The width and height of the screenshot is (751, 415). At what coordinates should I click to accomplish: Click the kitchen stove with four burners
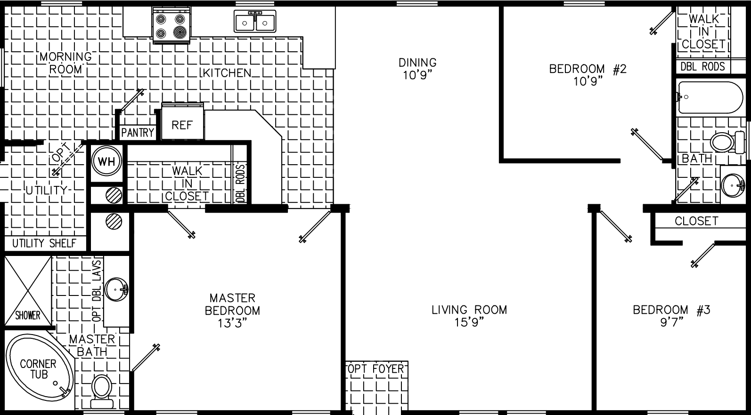click(x=171, y=26)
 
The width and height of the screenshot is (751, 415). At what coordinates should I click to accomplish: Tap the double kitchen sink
click(x=255, y=22)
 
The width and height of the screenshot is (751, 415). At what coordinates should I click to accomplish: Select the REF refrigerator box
click(x=182, y=125)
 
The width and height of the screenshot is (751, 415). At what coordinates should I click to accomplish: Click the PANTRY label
click(x=138, y=133)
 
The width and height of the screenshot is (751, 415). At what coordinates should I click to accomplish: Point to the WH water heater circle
click(x=106, y=161)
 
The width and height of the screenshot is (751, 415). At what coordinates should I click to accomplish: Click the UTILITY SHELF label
click(x=44, y=243)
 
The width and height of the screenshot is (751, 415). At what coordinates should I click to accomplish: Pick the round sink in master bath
click(x=116, y=289)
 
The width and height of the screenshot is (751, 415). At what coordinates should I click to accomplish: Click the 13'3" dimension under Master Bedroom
click(x=232, y=323)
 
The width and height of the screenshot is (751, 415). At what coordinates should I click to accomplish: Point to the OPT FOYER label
click(x=376, y=369)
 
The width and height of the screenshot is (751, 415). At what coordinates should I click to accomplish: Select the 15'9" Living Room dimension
click(x=469, y=322)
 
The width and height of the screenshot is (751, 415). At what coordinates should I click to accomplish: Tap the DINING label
click(x=417, y=63)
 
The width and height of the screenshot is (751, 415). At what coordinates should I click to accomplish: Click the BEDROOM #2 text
click(x=588, y=69)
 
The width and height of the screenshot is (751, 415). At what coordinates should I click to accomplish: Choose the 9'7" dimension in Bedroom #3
click(x=671, y=322)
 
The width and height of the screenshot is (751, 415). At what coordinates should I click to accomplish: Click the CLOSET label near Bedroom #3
click(x=696, y=221)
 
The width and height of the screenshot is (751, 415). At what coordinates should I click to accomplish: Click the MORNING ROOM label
click(x=65, y=63)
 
